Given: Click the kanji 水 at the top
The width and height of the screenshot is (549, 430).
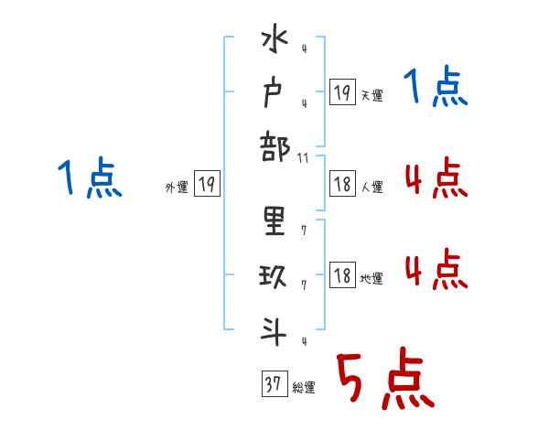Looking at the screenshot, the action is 274,45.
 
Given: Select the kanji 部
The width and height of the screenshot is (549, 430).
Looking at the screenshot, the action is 274,148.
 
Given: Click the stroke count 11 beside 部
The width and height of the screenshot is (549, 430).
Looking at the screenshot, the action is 304,158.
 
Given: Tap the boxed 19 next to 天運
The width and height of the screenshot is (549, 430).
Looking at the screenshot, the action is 342,92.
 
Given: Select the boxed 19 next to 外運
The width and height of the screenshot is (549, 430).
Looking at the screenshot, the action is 207,185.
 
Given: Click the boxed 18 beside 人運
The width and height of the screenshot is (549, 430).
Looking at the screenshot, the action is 342,184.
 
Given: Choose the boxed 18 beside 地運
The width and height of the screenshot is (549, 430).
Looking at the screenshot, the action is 342,275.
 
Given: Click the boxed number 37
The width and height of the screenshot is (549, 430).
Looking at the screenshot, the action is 273,384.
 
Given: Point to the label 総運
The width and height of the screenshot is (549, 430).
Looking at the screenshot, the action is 303,388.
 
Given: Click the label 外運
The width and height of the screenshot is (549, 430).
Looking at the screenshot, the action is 177,188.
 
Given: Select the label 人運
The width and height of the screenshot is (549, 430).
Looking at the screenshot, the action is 371,188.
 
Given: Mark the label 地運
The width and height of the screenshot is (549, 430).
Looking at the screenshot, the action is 371,279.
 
